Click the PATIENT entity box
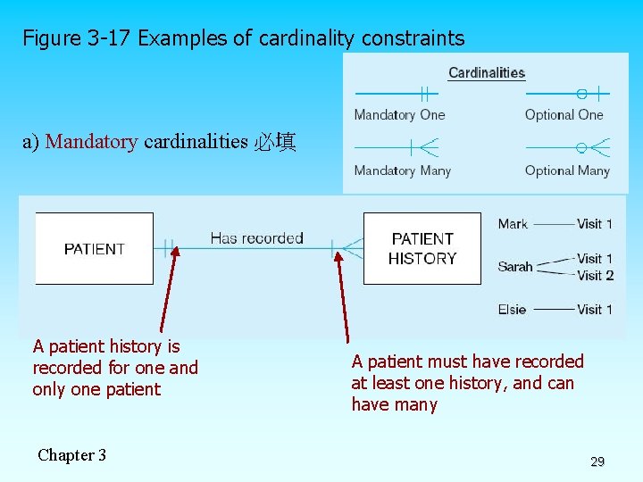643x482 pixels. [94, 248]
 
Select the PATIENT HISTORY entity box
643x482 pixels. [422, 248]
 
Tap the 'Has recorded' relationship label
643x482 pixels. [256, 238]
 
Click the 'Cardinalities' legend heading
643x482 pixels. [486, 73]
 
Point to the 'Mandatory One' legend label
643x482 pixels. [399, 114]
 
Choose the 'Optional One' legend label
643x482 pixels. [564, 114]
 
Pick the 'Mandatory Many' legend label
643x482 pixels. [402, 170]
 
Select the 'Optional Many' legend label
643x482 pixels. [567, 170]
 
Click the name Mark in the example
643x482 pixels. [513, 224]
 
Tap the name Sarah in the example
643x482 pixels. [515, 266]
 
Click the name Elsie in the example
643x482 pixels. [513, 310]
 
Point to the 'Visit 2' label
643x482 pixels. [595, 275]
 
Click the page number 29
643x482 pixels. [597, 461]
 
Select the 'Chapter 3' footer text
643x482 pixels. [71, 455]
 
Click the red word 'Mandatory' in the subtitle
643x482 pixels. [91, 142]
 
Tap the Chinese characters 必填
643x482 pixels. [275, 142]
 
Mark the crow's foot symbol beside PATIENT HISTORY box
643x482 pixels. [351, 247]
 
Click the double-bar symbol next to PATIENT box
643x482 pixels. [169, 247]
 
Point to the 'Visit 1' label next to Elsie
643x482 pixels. [594, 310]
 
